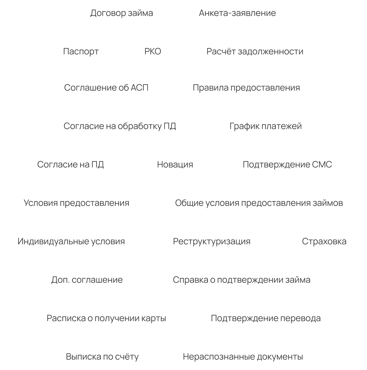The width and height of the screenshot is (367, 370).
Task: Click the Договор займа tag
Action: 121,13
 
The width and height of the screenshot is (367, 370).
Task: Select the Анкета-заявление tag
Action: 237,13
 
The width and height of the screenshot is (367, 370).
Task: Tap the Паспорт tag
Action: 81,52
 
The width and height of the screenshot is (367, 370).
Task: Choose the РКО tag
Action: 153,52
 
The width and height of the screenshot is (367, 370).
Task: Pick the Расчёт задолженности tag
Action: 255,52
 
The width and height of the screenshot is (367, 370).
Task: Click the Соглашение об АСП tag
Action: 106,88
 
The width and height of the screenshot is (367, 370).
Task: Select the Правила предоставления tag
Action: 246,88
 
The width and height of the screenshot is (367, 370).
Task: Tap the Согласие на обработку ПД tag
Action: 120,126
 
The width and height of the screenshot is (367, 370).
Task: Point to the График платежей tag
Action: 266,126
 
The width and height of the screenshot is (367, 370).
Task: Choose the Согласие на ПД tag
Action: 71,165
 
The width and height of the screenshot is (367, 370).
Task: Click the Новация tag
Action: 175,165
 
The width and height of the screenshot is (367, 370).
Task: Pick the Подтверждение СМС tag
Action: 287,165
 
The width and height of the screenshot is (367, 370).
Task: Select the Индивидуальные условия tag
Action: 71,242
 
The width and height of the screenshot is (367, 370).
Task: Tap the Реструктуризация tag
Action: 212,242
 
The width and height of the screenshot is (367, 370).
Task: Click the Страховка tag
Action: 324,242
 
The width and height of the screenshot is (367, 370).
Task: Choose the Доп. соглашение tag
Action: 87,280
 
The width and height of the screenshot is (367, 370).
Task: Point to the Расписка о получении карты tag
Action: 106,318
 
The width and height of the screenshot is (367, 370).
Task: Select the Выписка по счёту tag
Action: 102,357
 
